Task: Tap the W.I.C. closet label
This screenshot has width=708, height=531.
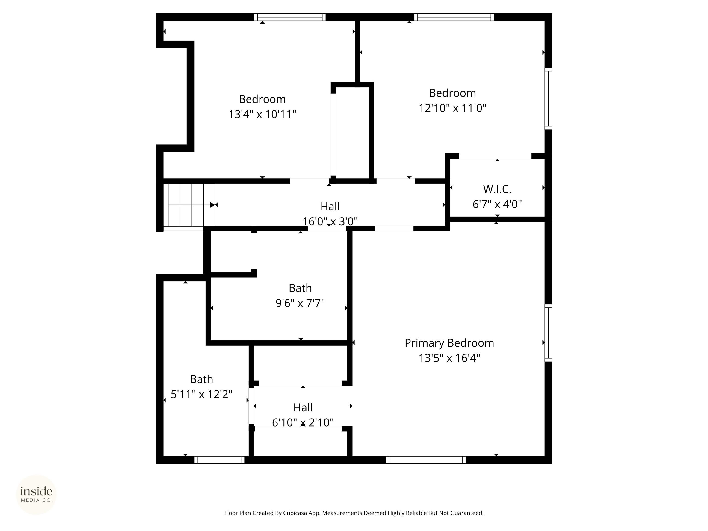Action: (x=497, y=189)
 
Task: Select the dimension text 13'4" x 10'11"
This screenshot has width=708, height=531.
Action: (x=262, y=114)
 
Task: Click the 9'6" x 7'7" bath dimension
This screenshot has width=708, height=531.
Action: (x=300, y=303)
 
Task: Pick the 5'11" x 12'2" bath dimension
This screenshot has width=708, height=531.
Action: (x=201, y=394)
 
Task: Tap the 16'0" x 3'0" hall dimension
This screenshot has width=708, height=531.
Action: (x=330, y=221)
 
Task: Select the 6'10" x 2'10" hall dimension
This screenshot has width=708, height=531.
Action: (x=303, y=422)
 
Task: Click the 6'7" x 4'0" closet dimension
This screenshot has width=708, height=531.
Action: (x=497, y=204)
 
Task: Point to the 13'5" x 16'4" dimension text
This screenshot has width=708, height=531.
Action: (x=449, y=358)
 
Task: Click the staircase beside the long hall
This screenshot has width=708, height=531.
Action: (x=189, y=205)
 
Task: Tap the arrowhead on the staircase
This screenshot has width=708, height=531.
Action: (x=212, y=205)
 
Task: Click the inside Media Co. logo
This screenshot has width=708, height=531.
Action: (x=36, y=495)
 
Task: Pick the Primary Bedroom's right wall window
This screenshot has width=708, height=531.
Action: (x=548, y=333)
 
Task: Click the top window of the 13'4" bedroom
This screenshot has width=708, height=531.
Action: (x=290, y=17)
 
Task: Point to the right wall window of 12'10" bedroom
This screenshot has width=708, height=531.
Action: (x=548, y=99)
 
